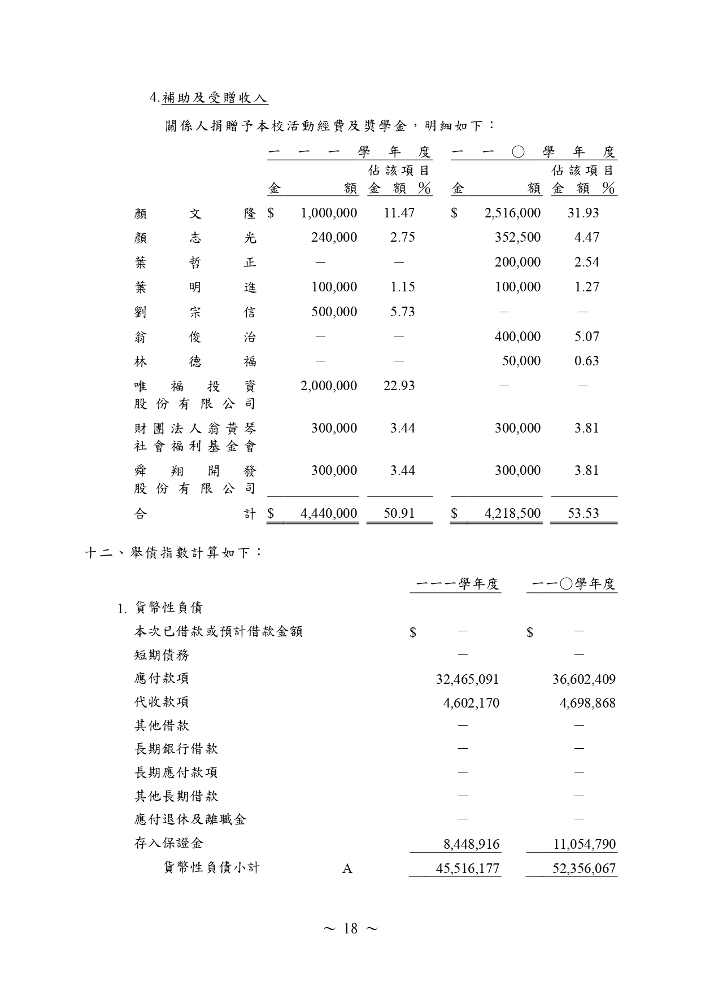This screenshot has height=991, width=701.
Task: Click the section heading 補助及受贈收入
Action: (x=214, y=98)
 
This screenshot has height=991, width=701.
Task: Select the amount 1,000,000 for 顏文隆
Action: (x=329, y=213)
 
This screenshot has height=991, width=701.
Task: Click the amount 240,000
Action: (x=334, y=237)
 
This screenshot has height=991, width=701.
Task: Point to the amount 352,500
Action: (x=517, y=237)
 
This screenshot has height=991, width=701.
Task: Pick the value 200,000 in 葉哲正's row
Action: (x=517, y=262)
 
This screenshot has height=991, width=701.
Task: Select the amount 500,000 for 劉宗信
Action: (x=334, y=312)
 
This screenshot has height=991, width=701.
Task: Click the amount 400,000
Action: (x=517, y=337)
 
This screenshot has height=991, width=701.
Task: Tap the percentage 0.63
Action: (x=586, y=361)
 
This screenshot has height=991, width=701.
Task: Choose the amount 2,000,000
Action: (x=329, y=386)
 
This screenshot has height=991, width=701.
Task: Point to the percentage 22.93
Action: (x=399, y=386)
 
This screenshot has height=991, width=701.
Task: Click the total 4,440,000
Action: (x=329, y=513)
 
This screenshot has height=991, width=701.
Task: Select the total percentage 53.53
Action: (x=583, y=513)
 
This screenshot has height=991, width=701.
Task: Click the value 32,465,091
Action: (x=467, y=679)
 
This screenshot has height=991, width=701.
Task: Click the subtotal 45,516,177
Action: (x=467, y=868)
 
